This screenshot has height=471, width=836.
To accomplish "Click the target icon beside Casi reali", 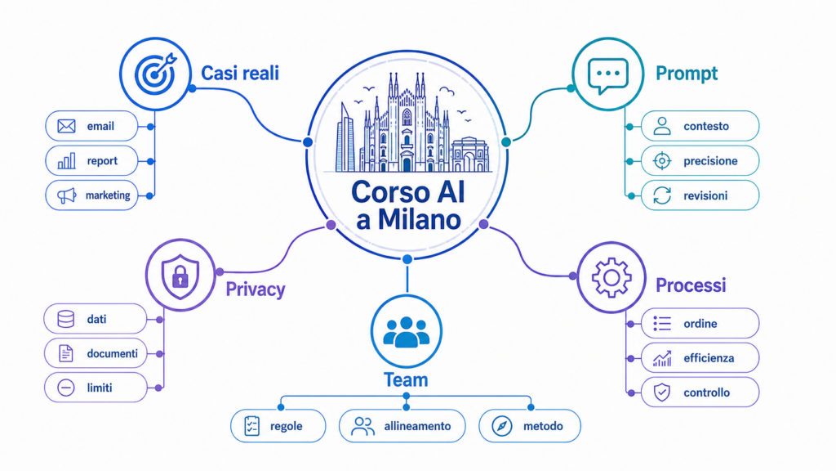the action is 155,74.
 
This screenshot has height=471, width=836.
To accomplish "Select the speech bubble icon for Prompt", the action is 607,75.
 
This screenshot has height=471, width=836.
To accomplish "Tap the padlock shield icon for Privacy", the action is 180,276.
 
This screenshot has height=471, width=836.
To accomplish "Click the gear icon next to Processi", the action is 611,277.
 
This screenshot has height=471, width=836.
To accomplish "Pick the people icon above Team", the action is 407,332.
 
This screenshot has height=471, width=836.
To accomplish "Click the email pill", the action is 91,126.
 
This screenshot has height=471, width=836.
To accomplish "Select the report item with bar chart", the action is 91,161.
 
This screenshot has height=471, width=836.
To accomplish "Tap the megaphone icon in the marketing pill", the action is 67,195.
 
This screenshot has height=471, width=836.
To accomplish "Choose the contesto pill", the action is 700,126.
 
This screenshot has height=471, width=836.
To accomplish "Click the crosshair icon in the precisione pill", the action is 662,161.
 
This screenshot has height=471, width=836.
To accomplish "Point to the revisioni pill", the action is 700,195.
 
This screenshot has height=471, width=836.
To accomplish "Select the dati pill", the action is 96,319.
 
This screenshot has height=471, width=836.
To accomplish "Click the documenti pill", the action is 96,353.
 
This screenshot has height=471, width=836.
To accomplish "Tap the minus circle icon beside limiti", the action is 66,388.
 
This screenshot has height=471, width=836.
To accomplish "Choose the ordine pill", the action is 700,323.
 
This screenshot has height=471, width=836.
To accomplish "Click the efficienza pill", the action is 700,358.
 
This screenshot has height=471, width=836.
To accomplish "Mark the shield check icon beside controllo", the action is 662,392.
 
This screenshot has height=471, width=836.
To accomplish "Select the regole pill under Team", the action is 278,425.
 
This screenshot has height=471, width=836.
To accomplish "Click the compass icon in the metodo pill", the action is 502,426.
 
